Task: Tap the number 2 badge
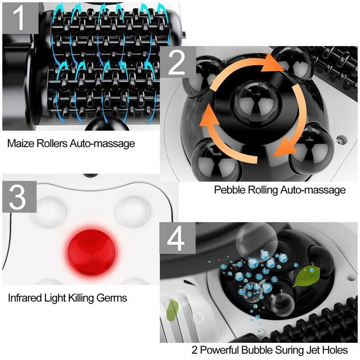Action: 177,63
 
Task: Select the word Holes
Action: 334,350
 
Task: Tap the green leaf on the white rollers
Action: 172,310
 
